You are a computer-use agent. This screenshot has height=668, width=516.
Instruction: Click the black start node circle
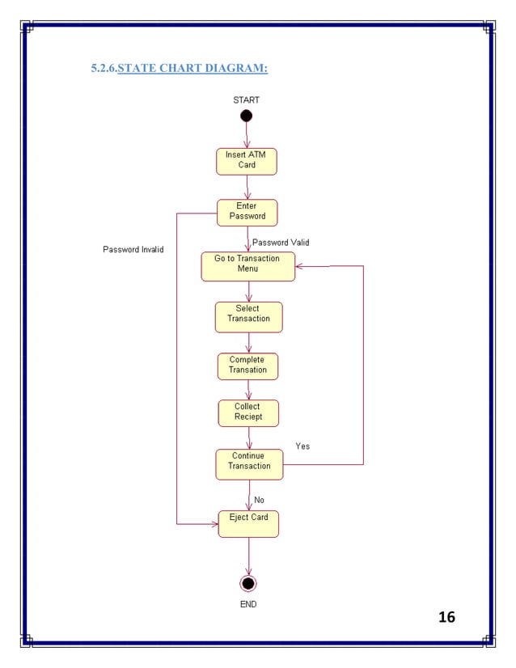(247, 116)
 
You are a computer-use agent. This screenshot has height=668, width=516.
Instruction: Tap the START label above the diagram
(247, 100)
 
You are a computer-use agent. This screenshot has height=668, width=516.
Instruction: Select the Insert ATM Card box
(247, 161)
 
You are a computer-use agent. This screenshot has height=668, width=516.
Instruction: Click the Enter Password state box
(247, 212)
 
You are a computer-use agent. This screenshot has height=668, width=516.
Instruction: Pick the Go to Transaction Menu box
(247, 266)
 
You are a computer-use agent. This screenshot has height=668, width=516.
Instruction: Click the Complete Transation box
(247, 366)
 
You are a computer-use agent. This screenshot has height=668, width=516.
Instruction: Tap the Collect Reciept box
(247, 412)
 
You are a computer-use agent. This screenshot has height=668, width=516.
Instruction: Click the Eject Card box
(248, 523)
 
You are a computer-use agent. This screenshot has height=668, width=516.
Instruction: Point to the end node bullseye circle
(248, 583)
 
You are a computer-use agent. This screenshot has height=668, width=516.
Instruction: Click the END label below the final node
(248, 604)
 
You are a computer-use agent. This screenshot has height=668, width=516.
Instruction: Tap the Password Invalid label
(133, 250)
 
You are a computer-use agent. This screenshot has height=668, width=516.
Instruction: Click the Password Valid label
(281, 243)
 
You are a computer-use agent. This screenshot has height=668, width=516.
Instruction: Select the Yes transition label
(302, 446)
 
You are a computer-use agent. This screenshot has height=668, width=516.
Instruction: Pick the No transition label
(259, 500)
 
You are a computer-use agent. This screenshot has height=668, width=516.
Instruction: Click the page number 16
(446, 617)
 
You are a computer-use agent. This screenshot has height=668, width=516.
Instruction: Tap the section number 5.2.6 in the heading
(104, 68)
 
